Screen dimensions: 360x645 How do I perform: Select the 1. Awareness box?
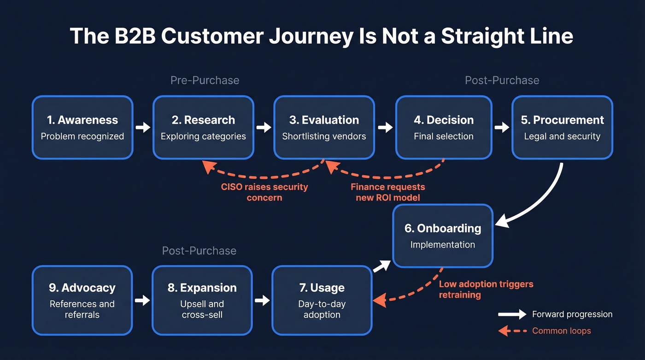tap(82, 127)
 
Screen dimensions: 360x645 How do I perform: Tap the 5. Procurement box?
tap(562, 127)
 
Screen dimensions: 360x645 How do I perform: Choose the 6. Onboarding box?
tap(443, 236)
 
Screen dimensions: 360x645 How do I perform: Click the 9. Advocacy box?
tap(82, 300)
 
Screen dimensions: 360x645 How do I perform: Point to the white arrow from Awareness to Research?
tap(143, 127)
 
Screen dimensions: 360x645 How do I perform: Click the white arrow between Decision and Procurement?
tap(502, 127)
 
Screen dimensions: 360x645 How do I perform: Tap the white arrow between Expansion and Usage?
tap(262, 301)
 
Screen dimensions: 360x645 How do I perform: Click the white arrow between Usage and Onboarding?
tap(381, 266)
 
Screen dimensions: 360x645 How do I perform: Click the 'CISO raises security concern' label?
tap(264, 192)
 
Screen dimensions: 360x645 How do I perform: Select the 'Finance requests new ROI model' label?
tap(387, 192)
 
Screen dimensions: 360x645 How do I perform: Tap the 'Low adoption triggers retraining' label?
tap(486, 289)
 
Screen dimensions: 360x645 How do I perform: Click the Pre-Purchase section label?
tap(205, 80)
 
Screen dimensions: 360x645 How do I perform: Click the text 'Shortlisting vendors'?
tap(324, 136)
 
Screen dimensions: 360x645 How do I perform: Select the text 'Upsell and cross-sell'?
tap(202, 309)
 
